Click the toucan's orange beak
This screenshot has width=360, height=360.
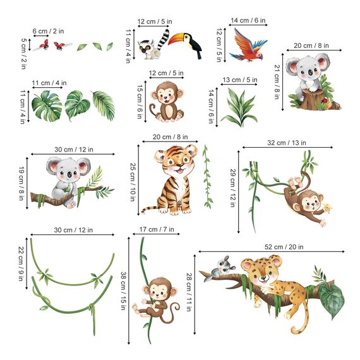pyautogui.click(x=185, y=40)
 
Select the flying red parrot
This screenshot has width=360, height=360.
pyautogui.click(x=248, y=47)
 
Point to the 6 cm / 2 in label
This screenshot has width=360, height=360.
pyautogui.click(x=49, y=31)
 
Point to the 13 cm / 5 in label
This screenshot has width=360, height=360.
pyautogui.click(x=240, y=80)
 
